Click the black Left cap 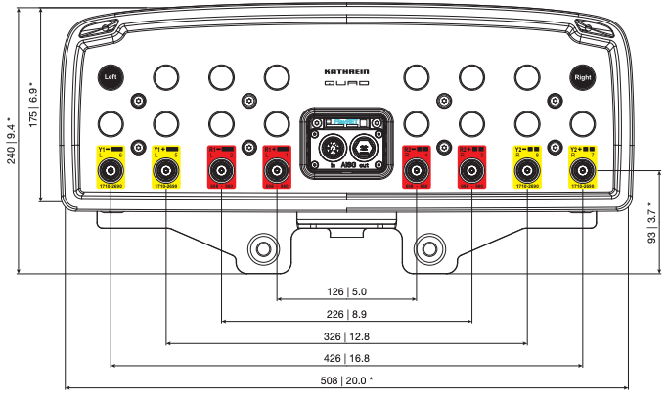point(111,76)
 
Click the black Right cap point(584,76)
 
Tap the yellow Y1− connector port point(111,171)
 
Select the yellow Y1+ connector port point(166,171)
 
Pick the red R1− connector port point(222,171)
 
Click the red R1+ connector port point(278,171)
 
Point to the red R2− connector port point(417,171)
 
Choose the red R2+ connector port point(472,171)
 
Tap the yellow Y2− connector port point(528,171)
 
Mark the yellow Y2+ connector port point(584,171)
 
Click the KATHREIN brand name point(346,72)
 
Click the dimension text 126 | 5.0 point(346,291)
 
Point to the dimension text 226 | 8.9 point(346,314)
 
